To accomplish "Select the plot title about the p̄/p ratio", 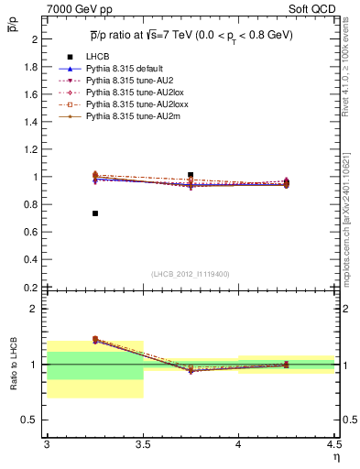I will (192, 34).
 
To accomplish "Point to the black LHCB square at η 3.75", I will (191, 174).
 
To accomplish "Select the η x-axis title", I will (336, 456).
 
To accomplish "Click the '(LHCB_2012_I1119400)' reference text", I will (191, 274).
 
